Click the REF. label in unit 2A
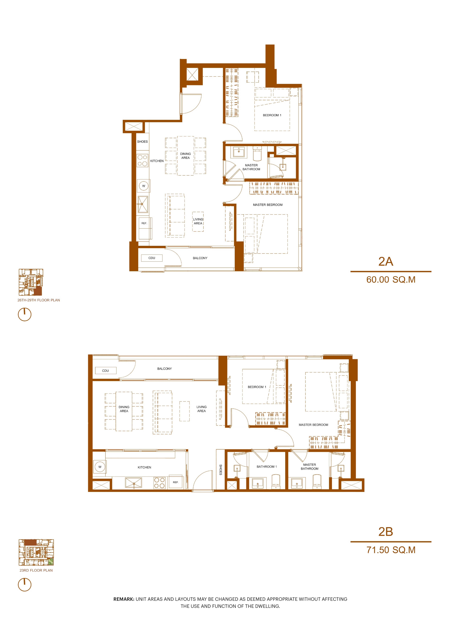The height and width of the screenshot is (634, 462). click(x=144, y=223)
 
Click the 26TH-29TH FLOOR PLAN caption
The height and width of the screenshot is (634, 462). click(x=39, y=300)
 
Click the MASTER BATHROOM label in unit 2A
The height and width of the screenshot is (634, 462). click(x=251, y=167)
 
